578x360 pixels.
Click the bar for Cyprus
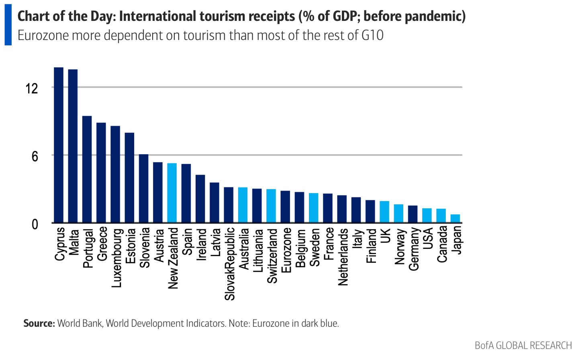[x=59, y=145]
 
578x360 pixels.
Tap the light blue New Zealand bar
[x=172, y=193]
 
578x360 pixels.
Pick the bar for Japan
[x=455, y=218]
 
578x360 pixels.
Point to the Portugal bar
[x=87, y=169]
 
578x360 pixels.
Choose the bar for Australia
[x=243, y=205]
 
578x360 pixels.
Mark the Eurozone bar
[x=285, y=206]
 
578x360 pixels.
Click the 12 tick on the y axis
[x=32, y=88]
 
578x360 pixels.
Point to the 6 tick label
[x=35, y=156]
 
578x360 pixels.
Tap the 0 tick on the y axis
[x=35, y=224]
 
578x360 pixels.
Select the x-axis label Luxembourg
[x=117, y=258]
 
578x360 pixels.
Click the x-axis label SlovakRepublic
[x=230, y=264]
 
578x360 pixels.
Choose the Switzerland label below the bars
[x=272, y=256]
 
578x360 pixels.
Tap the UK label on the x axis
[x=385, y=236]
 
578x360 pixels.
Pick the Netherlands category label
[x=343, y=257]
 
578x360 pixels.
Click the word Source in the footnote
[x=39, y=323]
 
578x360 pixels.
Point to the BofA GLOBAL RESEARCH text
[x=523, y=345]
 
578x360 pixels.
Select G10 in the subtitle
[x=372, y=35]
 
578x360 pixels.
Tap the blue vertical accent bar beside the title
[x=8, y=25]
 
